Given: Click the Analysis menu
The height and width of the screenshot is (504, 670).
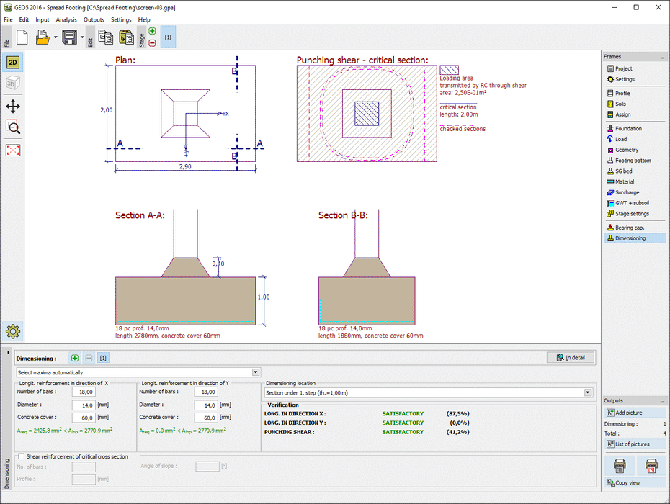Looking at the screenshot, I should click(66, 19).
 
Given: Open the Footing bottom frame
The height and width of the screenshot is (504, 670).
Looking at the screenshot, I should click(633, 161).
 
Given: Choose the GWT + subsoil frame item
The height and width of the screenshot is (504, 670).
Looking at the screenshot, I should click(631, 203).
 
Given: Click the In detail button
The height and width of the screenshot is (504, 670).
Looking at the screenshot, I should click(570, 357).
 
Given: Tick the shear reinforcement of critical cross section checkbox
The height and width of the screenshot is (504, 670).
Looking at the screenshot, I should click(21, 456).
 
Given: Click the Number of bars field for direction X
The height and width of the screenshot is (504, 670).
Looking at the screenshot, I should click(84, 392).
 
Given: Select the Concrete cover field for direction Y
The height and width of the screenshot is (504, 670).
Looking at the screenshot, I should click(206, 418).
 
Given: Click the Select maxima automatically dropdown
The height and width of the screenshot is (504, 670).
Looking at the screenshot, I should click(138, 372).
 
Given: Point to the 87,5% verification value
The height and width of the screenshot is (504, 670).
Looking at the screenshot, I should click(458, 413).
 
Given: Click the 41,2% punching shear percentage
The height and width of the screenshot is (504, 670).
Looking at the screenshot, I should click(458, 432).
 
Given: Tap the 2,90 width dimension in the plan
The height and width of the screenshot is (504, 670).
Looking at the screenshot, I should click(185, 166).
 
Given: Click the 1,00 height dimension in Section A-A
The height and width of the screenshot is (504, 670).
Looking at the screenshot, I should click(263, 297).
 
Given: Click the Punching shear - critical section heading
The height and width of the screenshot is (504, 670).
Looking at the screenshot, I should click(362, 60).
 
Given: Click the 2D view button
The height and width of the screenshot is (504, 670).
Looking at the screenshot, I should click(13, 63).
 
